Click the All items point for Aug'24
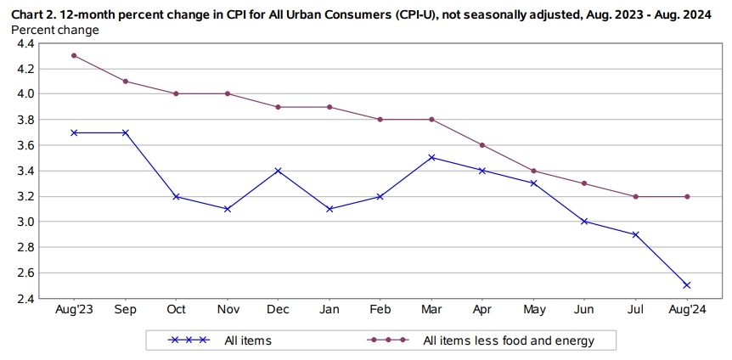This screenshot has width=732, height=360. tap(686, 285)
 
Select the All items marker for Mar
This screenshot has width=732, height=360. tap(431, 157)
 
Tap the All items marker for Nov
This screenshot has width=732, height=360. tap(227, 209)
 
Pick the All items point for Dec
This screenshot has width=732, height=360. tap(278, 171)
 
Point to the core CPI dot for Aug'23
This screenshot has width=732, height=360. tap(74, 55)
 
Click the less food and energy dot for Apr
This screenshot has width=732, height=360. tap(482, 145)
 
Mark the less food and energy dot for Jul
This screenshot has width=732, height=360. tap(635, 196)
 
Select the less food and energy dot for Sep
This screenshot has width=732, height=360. tap(125, 82)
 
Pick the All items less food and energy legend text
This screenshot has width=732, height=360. tap(508, 341)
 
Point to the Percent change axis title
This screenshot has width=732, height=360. tap(54, 30)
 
